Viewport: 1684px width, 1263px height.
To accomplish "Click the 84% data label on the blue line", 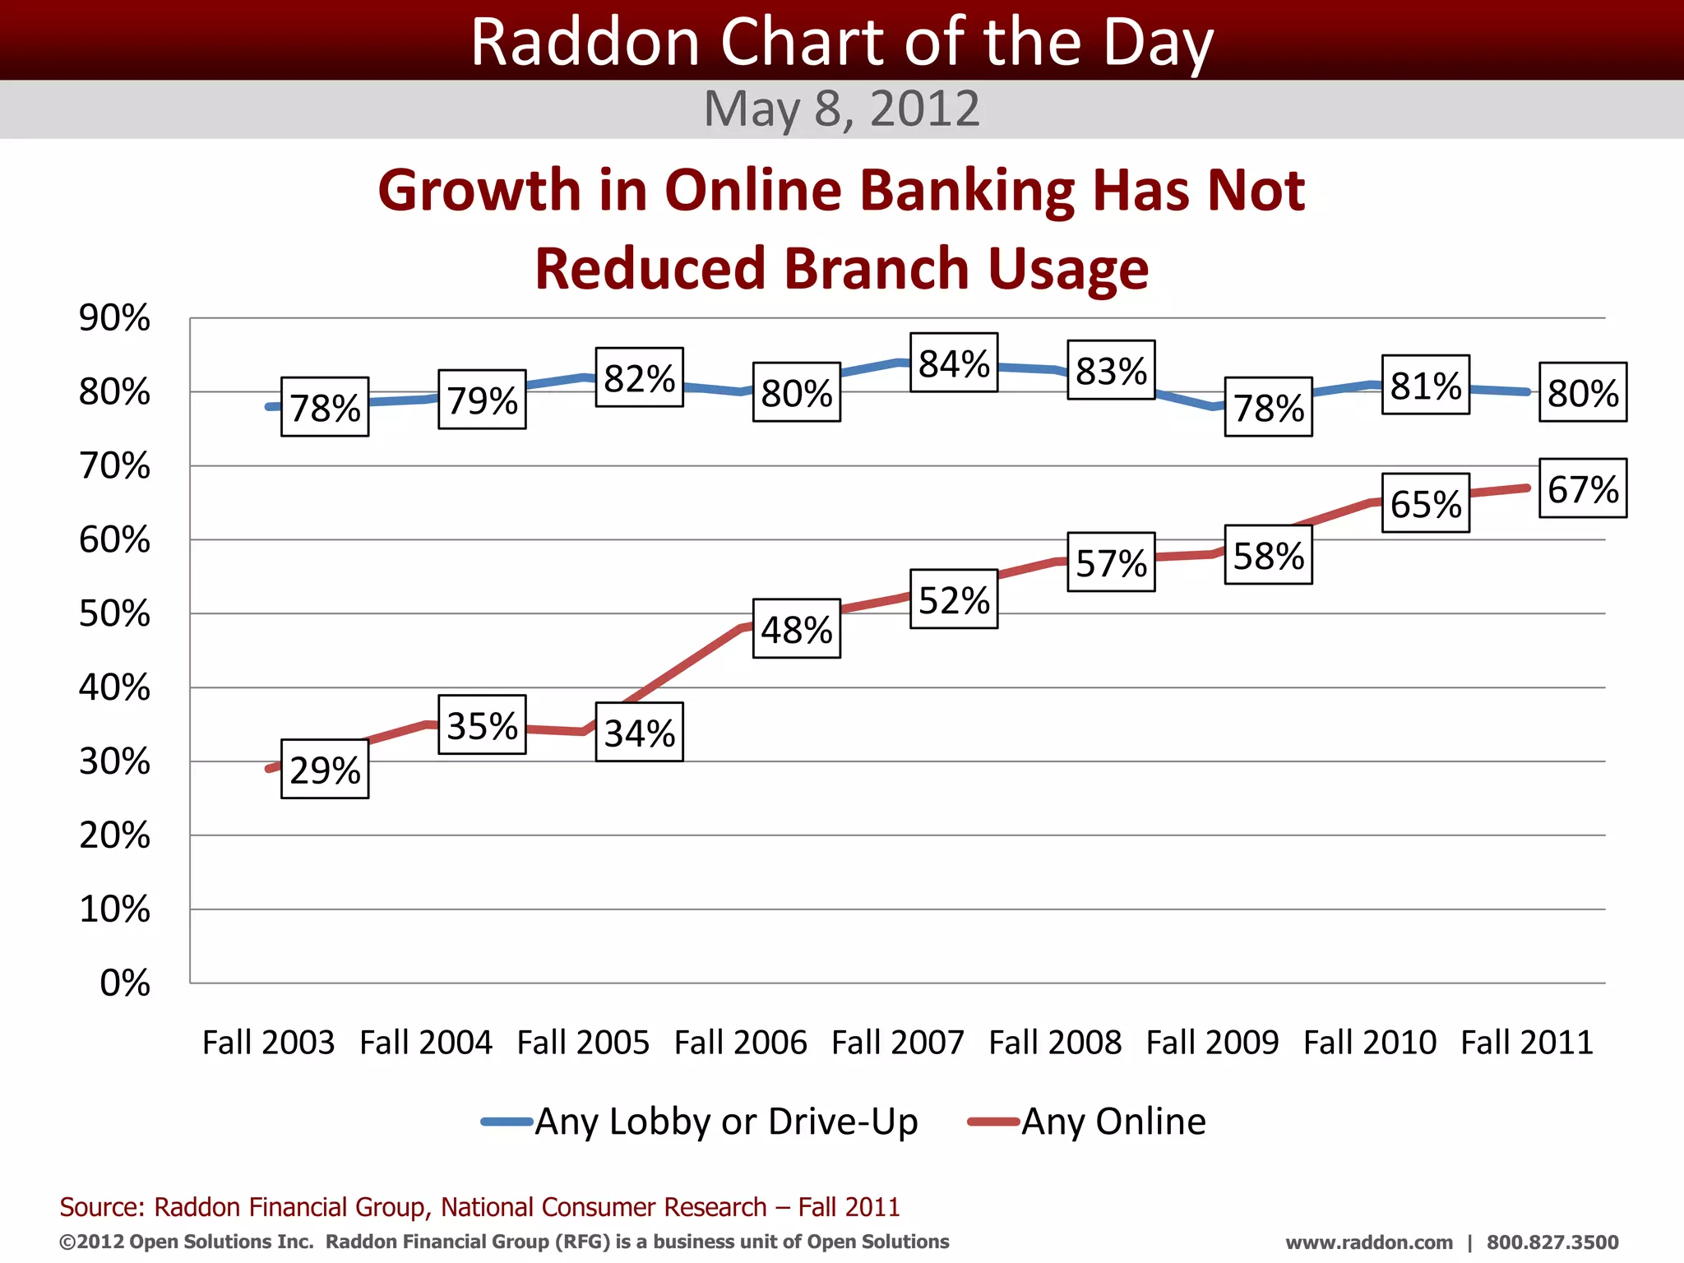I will (954, 363).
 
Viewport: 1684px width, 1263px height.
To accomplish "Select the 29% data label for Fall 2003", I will (325, 769).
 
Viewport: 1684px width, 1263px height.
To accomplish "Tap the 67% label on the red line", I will (1583, 488).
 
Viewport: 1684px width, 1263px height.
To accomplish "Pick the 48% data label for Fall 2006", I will (797, 629).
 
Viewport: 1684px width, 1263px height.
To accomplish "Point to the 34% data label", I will (640, 732).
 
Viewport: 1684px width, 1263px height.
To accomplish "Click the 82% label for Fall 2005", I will (640, 377).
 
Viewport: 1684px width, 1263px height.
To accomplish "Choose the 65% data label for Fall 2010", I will (1426, 503).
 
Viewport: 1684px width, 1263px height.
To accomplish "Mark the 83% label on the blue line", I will (1111, 370).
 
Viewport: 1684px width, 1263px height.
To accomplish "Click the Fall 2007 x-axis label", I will (898, 1043).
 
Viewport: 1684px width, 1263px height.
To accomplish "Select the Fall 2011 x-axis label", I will (1527, 1043).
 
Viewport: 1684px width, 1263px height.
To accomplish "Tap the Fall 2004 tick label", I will (426, 1043).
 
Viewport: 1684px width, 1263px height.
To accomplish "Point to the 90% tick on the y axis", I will (114, 318).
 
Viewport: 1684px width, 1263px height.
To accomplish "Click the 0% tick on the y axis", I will (125, 983).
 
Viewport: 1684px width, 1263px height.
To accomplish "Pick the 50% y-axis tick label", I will (114, 614).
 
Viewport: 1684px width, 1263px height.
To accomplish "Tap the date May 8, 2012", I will (842, 109).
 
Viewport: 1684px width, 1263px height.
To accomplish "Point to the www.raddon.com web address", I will (1369, 1242).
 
